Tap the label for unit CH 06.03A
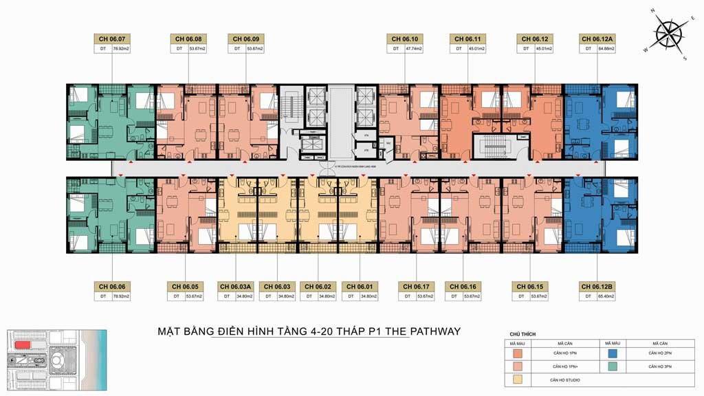pos(236,286)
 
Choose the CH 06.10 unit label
pos(406,39)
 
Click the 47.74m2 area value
pos(412,49)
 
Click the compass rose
pos(668,32)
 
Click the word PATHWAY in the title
pos(434,331)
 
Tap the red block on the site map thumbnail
pos(23,344)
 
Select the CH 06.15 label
pos(527,286)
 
